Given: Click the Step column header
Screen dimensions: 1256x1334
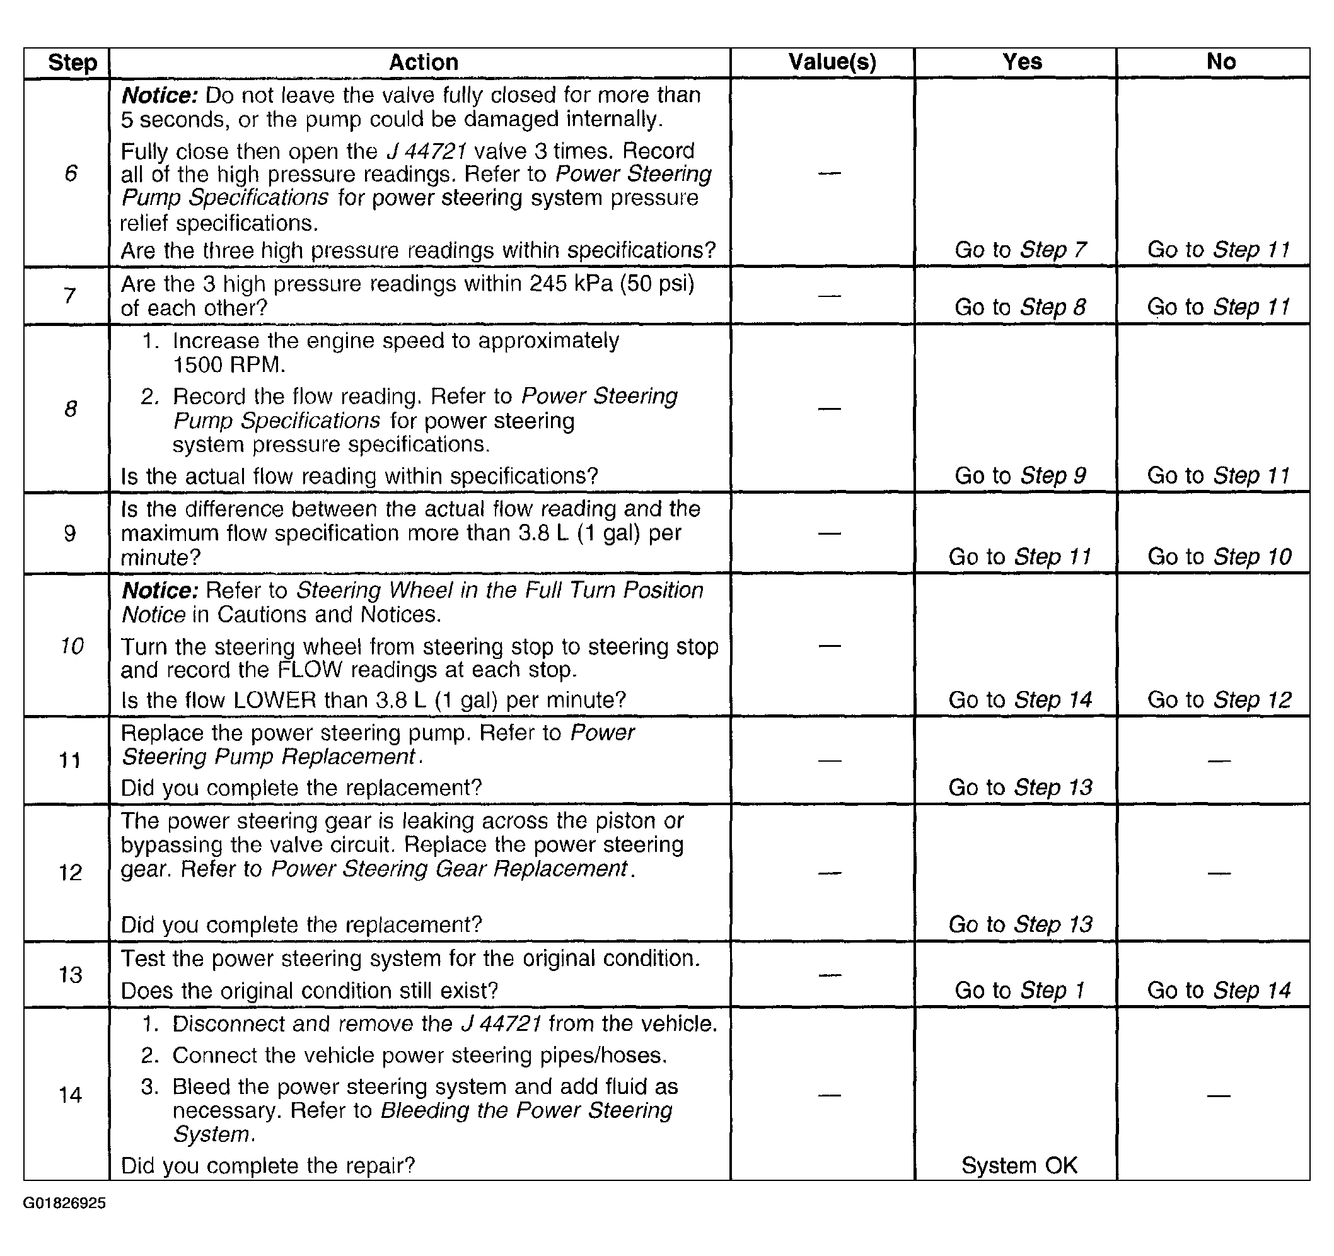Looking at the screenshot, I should tap(72, 62).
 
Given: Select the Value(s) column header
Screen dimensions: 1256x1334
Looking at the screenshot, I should tap(832, 62).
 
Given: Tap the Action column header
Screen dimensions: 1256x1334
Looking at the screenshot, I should tap(424, 62).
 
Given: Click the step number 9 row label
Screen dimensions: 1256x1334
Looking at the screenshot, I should tap(70, 533).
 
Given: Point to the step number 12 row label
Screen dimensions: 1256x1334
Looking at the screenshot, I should tap(71, 872).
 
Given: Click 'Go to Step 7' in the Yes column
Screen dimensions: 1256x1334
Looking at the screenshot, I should tap(1020, 250).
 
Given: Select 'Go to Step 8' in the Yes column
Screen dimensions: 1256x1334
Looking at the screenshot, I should tap(1020, 307).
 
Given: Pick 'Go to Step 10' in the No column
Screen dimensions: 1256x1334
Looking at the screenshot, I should tap(1219, 557).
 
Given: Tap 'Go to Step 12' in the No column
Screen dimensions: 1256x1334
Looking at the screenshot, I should tap(1219, 700).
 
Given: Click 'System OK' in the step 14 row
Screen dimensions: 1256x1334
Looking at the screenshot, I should tap(1019, 1165).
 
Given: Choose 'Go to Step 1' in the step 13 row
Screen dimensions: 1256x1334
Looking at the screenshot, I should tap(1019, 991).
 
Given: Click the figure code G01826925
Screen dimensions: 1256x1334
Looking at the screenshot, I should tap(64, 1203).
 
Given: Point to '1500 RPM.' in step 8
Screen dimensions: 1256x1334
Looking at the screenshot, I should tap(229, 365).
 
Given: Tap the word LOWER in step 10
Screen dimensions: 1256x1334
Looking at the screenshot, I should tap(274, 700).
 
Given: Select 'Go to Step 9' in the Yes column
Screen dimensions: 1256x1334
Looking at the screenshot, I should tap(1020, 475).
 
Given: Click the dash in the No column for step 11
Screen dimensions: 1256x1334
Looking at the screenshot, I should tap(1219, 761).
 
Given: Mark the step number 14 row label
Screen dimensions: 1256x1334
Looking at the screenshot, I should tap(71, 1095).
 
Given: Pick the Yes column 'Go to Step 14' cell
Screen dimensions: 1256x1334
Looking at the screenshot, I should tap(1020, 700).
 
